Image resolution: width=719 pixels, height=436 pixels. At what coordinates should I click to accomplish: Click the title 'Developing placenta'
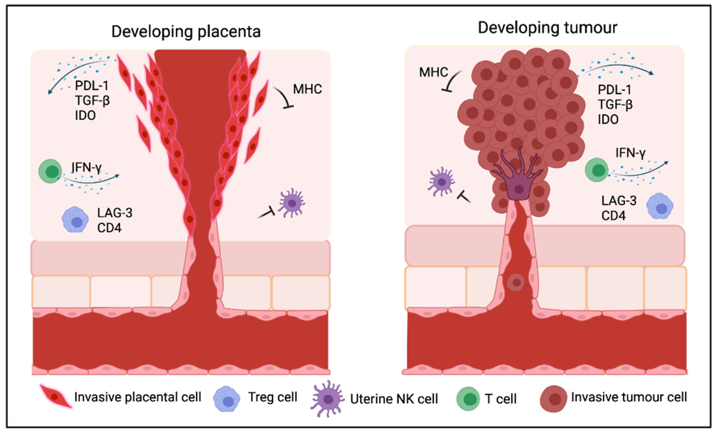coord(186,31)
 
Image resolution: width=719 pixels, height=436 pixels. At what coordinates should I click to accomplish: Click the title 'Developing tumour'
coord(547,28)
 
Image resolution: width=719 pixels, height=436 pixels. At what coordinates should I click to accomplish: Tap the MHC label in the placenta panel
coord(307,89)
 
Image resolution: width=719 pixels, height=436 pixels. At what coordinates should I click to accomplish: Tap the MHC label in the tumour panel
coord(433,72)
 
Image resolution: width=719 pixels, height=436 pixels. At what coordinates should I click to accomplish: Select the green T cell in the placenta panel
coord(51,171)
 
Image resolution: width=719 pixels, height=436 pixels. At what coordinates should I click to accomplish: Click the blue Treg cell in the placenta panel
coord(75,220)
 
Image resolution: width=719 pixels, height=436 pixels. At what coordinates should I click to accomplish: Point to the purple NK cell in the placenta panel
coord(291,203)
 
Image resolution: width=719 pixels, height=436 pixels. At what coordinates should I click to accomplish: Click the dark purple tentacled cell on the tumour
coord(518,184)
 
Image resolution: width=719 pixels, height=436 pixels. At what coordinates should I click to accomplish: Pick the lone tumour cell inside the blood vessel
coord(516,282)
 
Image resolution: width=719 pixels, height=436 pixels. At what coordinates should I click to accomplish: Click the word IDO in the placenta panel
coord(85,116)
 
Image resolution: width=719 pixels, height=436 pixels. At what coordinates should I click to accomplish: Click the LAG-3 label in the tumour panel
coord(619,201)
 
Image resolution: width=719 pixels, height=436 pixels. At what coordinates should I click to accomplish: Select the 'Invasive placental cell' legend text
coord(138,397)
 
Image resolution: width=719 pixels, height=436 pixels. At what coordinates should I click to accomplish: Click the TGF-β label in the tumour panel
coord(615,104)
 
